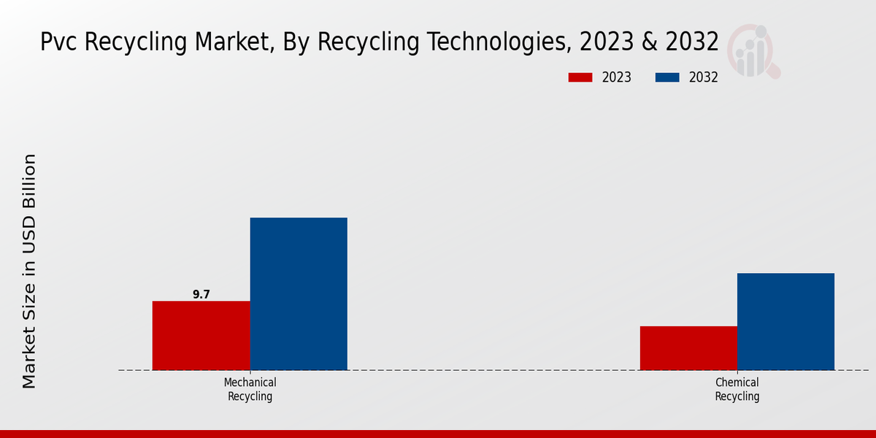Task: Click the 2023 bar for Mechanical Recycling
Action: click(201, 335)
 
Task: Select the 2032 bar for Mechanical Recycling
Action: click(299, 293)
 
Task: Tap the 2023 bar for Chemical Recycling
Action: click(688, 347)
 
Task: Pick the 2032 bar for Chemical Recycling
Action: click(785, 321)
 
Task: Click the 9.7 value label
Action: click(201, 294)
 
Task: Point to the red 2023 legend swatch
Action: click(580, 77)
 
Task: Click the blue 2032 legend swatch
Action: click(667, 77)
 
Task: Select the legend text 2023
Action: click(617, 77)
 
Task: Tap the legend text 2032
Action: click(704, 77)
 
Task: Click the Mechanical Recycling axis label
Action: click(250, 389)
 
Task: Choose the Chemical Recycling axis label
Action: click(737, 389)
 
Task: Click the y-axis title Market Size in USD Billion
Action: click(29, 270)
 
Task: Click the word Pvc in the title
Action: click(59, 42)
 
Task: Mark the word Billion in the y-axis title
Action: click(29, 178)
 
